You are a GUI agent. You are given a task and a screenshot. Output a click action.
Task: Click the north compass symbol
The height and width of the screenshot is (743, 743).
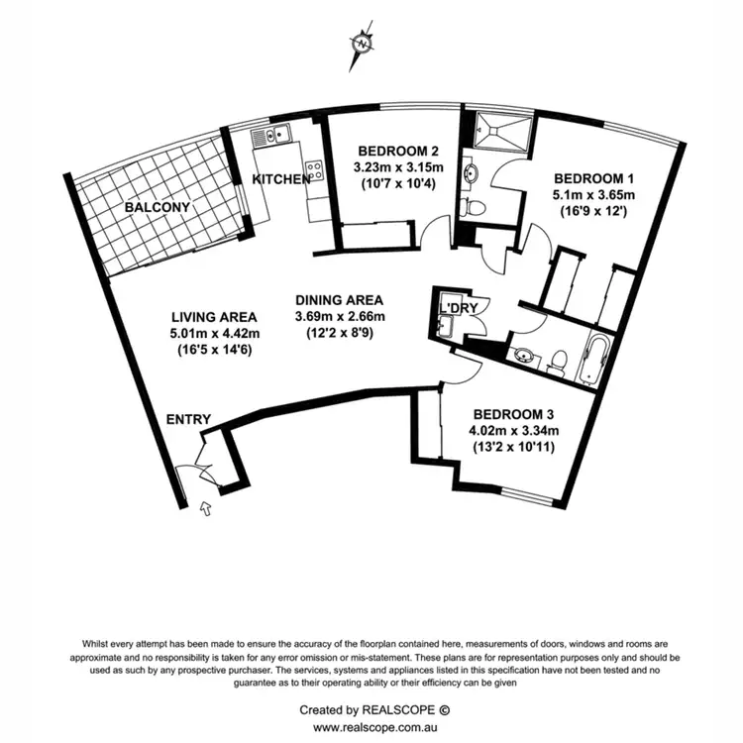(364, 43)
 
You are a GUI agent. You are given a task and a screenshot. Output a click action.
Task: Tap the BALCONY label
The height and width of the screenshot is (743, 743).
(157, 208)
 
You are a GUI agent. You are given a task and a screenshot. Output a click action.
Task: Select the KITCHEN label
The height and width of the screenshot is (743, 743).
(281, 179)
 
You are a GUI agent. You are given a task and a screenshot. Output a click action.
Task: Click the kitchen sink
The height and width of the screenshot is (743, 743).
(270, 134)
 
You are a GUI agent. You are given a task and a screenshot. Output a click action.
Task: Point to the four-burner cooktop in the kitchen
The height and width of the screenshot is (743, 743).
(314, 170)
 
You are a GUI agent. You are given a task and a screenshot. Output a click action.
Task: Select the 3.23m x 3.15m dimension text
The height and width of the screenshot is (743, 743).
(396, 167)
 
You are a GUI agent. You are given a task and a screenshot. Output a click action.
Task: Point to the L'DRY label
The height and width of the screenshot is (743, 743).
(460, 309)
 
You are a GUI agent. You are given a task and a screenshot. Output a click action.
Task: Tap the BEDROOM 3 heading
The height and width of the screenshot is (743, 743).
(515, 414)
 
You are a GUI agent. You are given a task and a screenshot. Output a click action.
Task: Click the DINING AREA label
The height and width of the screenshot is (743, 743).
(339, 300)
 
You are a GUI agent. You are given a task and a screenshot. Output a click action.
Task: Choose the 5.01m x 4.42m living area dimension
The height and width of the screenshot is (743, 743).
(214, 333)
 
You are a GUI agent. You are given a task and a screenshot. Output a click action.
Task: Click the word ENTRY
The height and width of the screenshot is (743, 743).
(188, 420)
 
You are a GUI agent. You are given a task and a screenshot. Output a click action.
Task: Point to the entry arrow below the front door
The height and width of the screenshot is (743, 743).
(207, 509)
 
